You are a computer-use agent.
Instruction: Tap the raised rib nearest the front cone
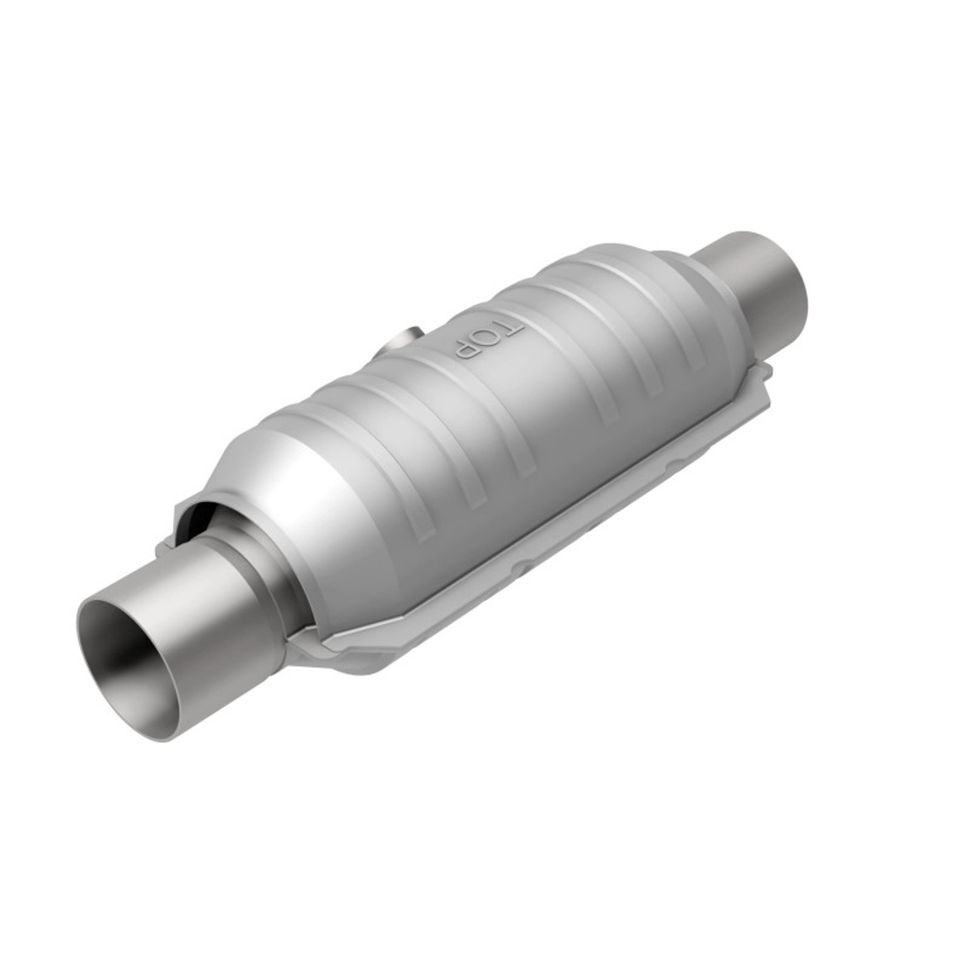(x=355, y=446)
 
